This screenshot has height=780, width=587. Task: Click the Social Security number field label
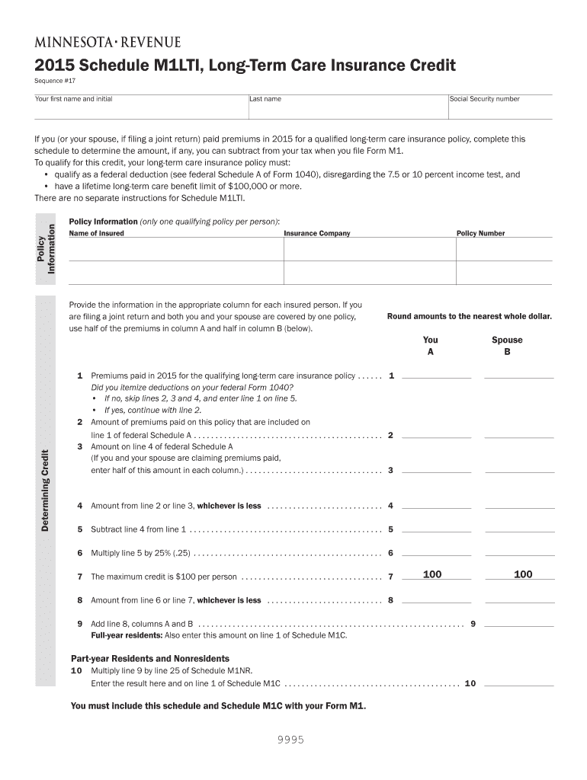(484, 99)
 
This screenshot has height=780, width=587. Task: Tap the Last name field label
(265, 99)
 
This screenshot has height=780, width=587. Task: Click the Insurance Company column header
(317, 233)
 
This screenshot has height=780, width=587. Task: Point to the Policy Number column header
(480, 233)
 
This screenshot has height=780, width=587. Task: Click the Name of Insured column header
(97, 233)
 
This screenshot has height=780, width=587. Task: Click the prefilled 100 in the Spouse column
(522, 574)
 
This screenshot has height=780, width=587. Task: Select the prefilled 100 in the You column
(432, 574)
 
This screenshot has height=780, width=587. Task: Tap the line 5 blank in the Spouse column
(519, 529)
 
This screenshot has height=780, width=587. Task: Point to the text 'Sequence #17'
(55, 78)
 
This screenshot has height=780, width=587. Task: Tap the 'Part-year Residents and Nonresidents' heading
(150, 658)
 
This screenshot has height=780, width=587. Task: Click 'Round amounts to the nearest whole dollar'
(469, 316)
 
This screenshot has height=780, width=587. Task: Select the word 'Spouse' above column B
(507, 340)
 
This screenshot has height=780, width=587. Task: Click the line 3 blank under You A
(436, 470)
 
